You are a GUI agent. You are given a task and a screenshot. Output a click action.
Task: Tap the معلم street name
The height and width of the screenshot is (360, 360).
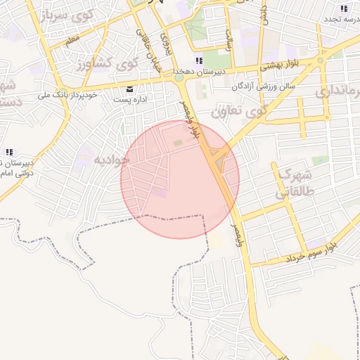71,44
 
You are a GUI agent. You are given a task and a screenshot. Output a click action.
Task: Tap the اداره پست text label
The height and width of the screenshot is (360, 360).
130,101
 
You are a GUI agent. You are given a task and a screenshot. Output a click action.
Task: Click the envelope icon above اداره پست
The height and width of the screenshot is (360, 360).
130,89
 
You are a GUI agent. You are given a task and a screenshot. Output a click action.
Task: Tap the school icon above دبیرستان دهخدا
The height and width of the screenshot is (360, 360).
199,60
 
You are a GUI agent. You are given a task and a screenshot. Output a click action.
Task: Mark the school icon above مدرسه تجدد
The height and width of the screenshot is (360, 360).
344,8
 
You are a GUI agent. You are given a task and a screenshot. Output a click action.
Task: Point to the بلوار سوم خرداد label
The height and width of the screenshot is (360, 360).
313,254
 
